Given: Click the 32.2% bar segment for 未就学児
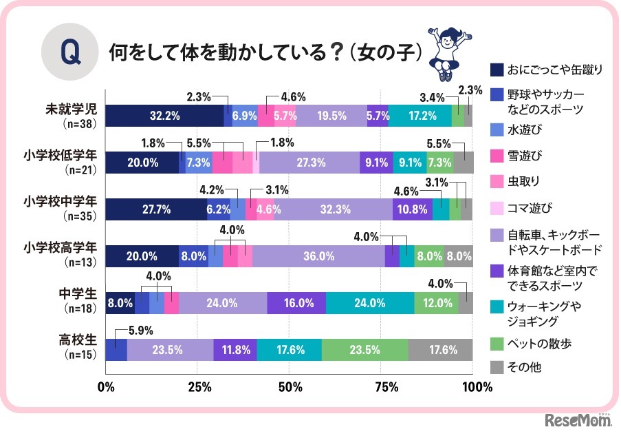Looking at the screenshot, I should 165,116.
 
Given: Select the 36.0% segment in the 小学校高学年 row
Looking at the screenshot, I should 318,256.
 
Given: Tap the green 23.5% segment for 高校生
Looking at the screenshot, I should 364,349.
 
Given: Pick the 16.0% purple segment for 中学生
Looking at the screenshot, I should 296,302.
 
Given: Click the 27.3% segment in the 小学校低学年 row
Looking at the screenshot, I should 309,163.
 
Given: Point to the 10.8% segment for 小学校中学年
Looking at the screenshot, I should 413,209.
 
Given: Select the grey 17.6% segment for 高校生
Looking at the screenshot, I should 440,349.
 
